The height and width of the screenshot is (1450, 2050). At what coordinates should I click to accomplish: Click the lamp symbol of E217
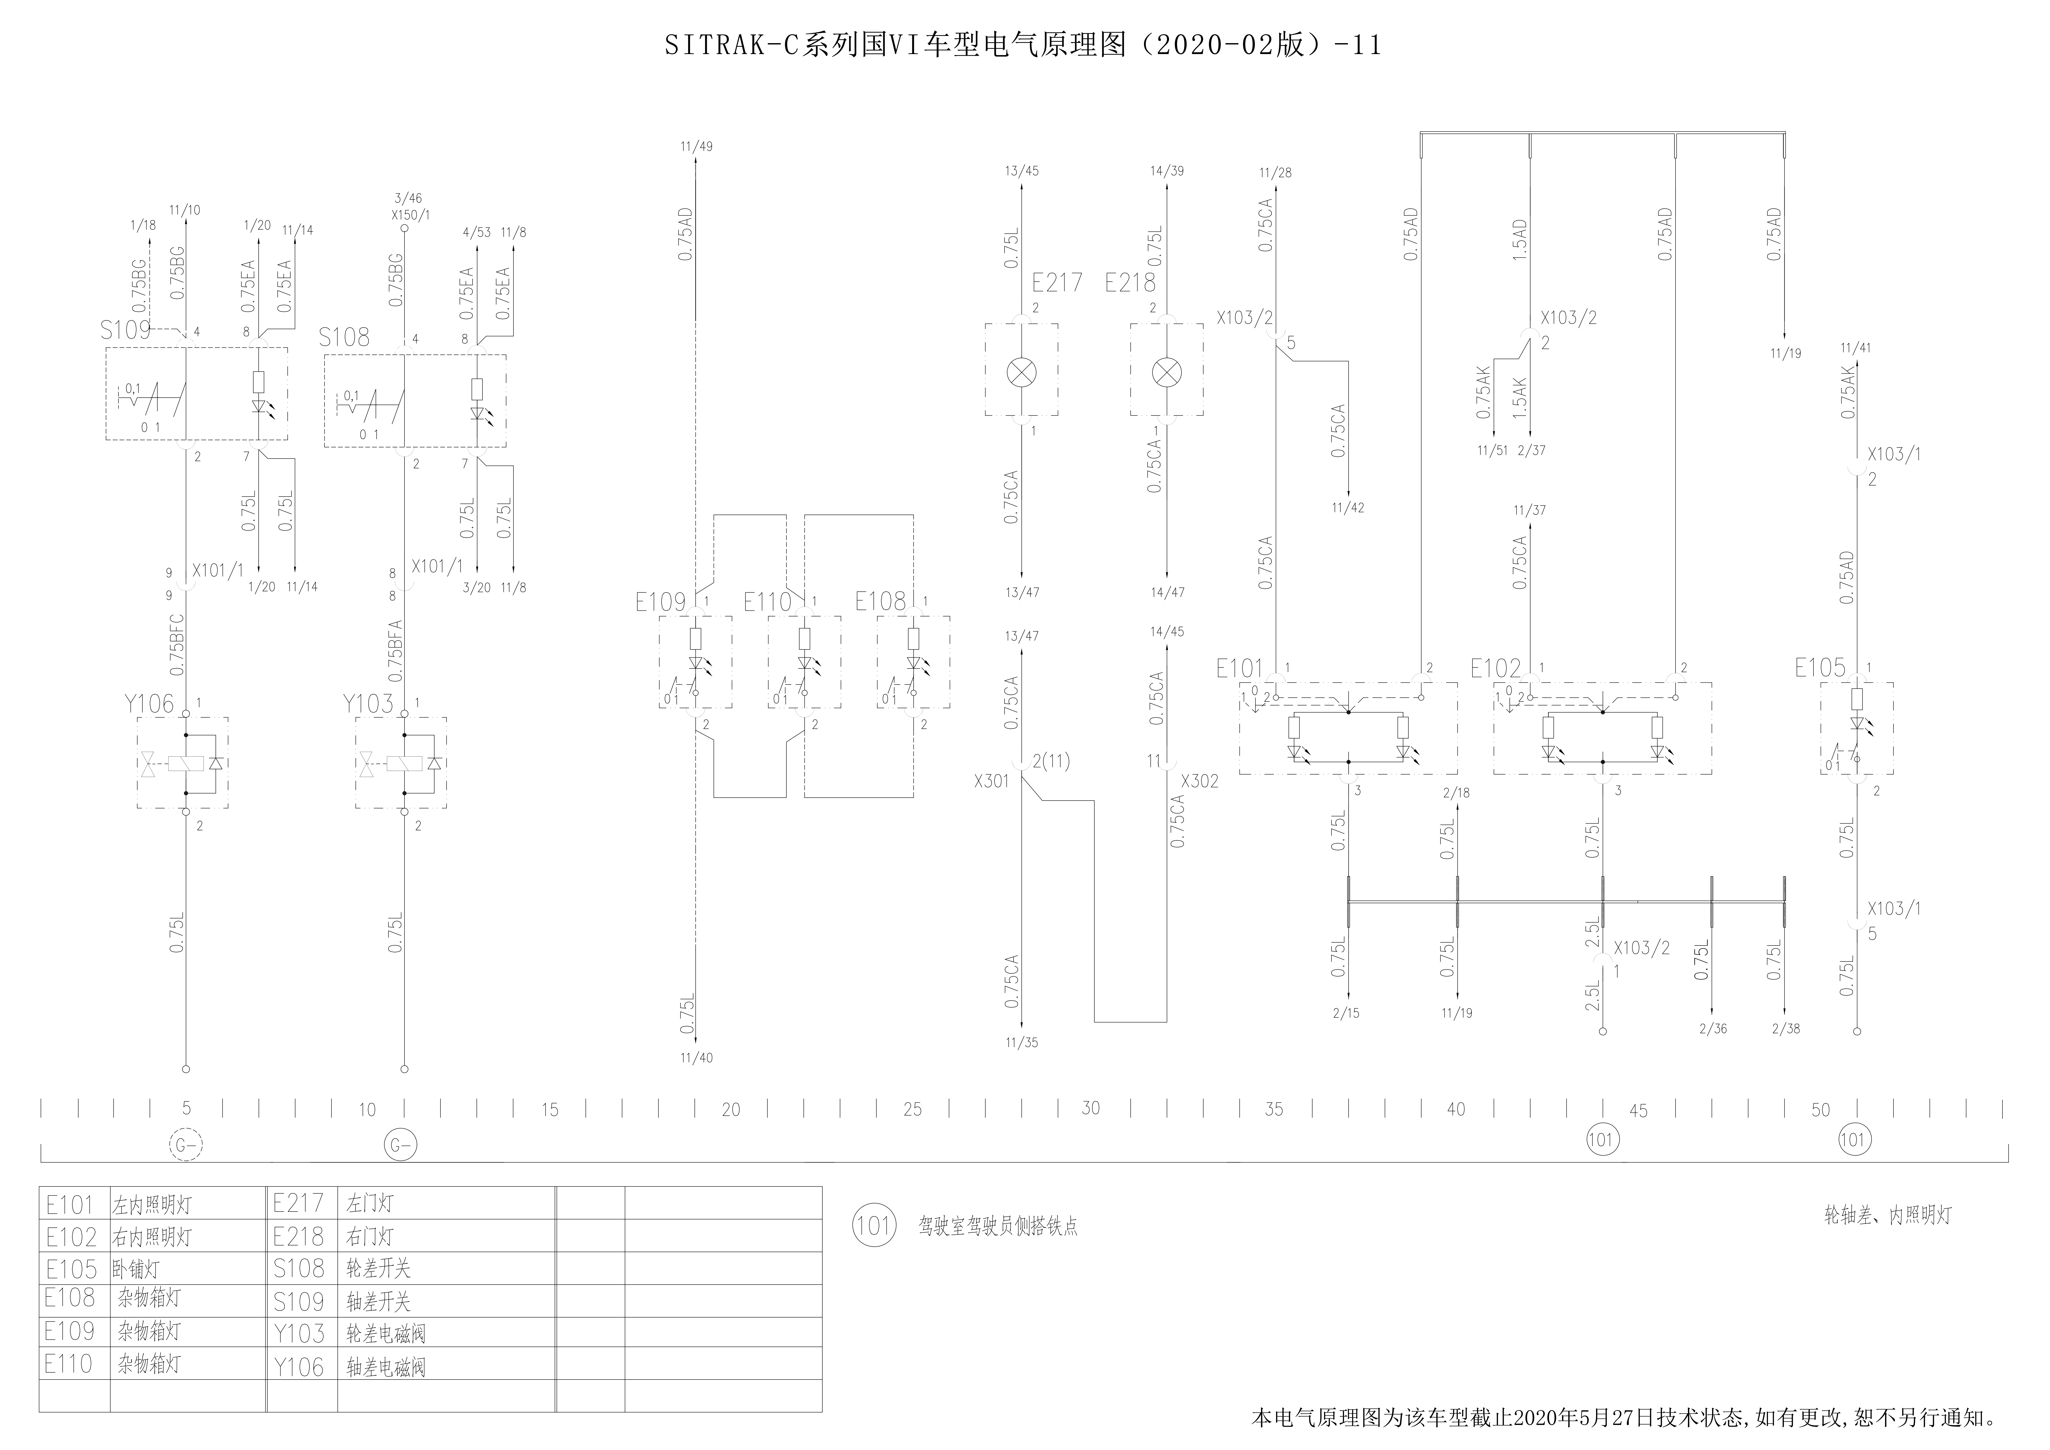(1021, 371)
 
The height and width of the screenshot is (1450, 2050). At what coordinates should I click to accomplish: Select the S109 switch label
(125, 330)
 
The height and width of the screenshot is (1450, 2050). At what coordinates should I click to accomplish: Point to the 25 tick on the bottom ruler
(913, 1109)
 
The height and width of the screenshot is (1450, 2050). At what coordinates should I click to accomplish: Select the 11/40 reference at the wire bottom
(696, 1058)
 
